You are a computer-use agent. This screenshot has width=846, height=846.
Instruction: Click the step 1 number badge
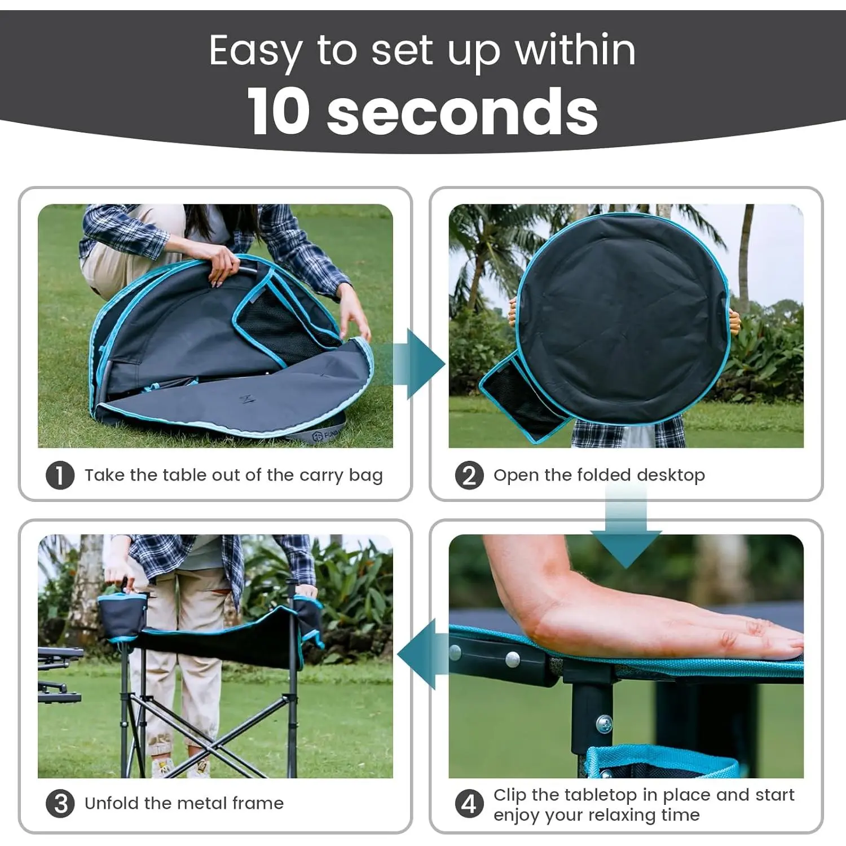(60, 475)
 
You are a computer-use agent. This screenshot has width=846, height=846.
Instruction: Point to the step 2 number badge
(469, 475)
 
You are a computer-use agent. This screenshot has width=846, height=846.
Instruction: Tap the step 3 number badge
(60, 804)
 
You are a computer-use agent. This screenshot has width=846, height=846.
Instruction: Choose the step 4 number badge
(469, 804)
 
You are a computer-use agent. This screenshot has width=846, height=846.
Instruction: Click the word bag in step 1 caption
(365, 476)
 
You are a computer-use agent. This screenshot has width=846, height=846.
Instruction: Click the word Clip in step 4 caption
(510, 795)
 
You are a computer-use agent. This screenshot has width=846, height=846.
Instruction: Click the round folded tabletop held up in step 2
(623, 319)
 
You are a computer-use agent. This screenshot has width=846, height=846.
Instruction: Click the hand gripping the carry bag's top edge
(224, 265)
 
